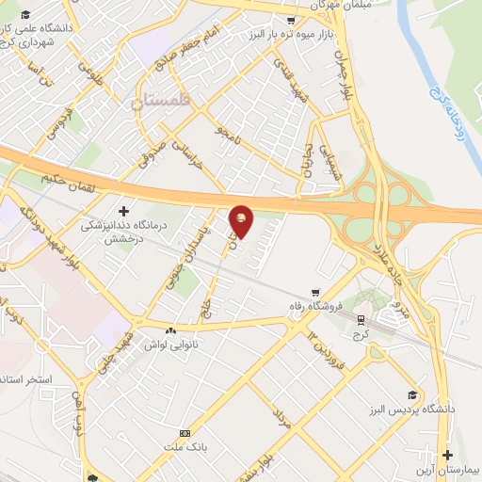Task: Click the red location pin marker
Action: pos(242,220)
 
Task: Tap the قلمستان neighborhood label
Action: pos(161,100)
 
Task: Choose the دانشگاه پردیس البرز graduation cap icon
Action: pos(412,395)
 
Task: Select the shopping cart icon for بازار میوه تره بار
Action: pos(291,20)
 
